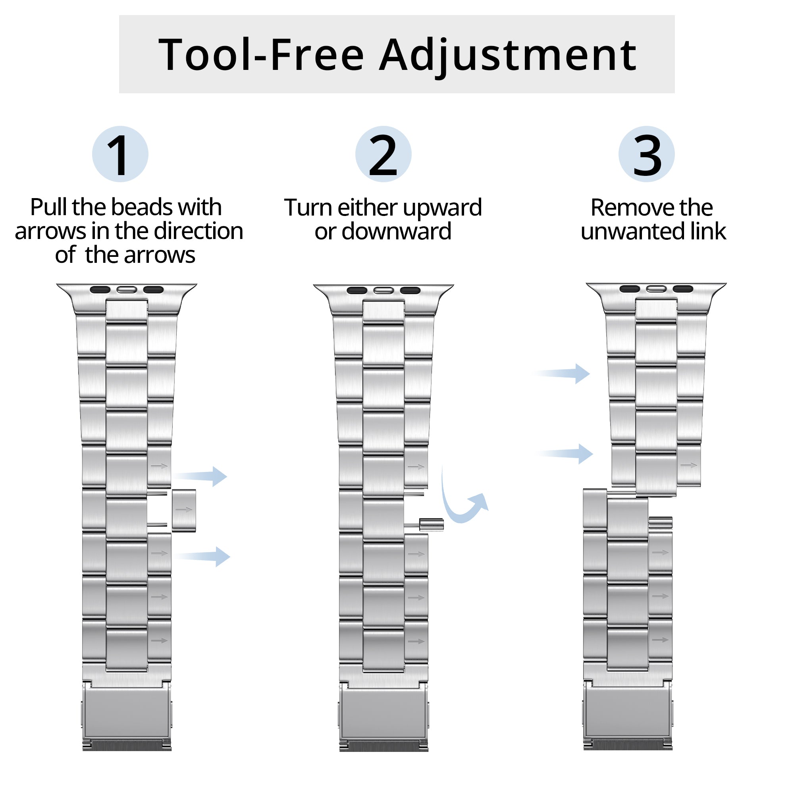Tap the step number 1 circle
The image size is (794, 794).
coord(120,154)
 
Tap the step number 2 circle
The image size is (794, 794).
coord(383,154)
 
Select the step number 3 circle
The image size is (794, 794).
coord(646,154)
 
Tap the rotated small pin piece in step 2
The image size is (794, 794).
coord(431,524)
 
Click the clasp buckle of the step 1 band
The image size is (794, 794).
coord(127,715)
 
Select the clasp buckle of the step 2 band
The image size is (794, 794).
coord(384,715)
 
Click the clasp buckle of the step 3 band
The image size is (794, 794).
coord(628,715)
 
